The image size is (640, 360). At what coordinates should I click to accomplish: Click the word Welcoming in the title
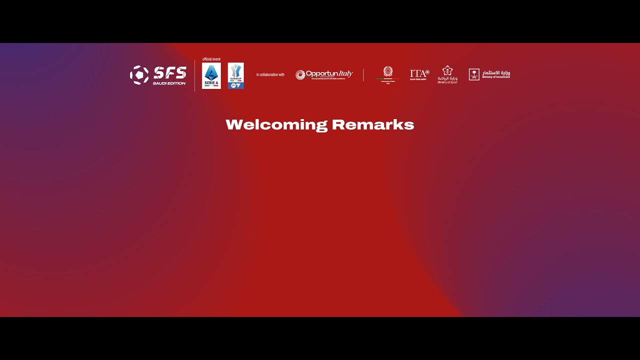coord(276,125)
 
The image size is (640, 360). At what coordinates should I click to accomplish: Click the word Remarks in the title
coord(373,124)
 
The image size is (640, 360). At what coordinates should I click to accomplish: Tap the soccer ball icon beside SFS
coord(139,75)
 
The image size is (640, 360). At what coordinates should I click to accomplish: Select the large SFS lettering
coord(170,73)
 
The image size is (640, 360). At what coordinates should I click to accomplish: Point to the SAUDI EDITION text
coord(169,83)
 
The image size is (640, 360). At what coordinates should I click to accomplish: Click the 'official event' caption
coord(211,59)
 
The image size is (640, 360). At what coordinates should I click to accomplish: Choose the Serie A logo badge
coord(211,75)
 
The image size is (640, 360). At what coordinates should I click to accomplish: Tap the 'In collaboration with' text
coord(270,75)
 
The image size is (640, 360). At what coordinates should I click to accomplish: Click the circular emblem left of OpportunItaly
coord(300,75)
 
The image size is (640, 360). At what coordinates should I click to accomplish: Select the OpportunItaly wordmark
coord(329,74)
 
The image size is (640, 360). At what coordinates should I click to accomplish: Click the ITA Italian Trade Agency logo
coord(419,73)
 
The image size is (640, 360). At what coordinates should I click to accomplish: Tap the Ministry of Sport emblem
coord(447,70)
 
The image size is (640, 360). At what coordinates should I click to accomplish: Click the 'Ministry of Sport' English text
coord(447,82)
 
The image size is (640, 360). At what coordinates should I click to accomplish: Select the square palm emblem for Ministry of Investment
coord(474,74)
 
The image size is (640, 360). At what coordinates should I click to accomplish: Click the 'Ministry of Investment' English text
coord(496,77)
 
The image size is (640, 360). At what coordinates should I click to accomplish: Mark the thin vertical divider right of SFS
coord(194,75)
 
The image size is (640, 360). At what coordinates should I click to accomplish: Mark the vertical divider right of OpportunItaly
coord(363,75)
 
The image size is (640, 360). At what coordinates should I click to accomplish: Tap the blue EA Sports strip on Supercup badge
coord(235,85)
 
